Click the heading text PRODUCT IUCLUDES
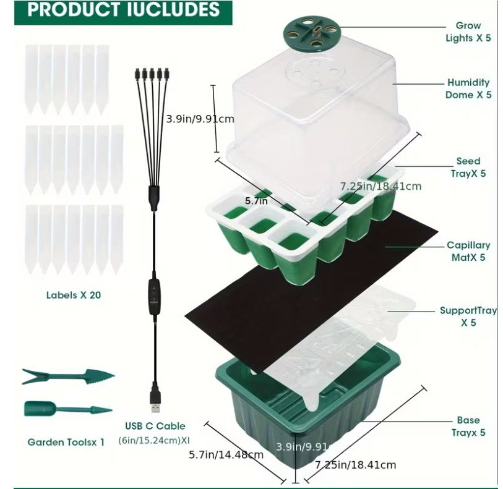(124, 11)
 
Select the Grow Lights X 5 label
(468, 32)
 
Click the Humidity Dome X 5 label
(468, 88)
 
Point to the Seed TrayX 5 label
(468, 167)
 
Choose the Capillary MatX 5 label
(468, 251)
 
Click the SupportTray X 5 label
(468, 317)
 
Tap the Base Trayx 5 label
(468, 426)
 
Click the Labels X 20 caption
(74, 295)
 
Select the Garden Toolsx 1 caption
(66, 442)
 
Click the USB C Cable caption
(155, 426)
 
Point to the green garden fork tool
(67, 376)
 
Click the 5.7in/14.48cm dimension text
(226, 454)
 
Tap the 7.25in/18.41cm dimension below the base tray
(355, 464)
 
